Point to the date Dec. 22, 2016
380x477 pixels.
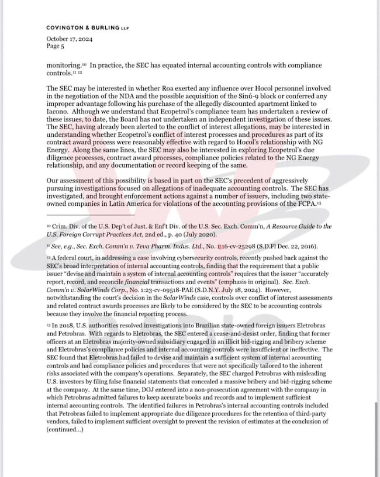pyautogui.click(x=298, y=246)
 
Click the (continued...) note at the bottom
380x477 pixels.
pyautogui.click(x=65, y=430)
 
